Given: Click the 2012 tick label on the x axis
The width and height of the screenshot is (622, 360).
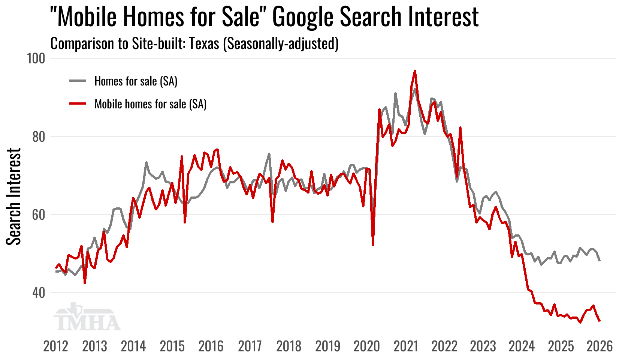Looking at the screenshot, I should (x=55, y=346).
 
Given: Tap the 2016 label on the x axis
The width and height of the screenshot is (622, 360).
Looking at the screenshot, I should (x=211, y=346).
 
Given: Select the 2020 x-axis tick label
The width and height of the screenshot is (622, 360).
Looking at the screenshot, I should (x=366, y=346).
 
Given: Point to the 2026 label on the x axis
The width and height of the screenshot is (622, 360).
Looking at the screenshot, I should (x=600, y=346).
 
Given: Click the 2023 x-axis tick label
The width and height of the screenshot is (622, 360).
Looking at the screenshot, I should (x=483, y=346).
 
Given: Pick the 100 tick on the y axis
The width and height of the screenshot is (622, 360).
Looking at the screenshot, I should (x=36, y=58).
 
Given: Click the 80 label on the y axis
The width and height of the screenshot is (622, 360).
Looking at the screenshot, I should (x=38, y=137).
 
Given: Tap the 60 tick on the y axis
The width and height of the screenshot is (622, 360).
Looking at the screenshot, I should (x=38, y=215).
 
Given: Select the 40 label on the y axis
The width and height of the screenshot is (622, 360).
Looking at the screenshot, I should (x=38, y=293).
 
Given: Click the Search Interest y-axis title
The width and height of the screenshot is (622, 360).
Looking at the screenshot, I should (x=14, y=196).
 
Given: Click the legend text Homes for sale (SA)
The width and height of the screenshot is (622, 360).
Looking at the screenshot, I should (x=136, y=81).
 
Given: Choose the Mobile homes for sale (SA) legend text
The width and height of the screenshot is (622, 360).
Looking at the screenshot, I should (x=150, y=104).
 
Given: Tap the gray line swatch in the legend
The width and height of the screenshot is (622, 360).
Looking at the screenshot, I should (x=78, y=81).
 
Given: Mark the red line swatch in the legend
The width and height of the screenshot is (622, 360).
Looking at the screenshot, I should (x=78, y=103).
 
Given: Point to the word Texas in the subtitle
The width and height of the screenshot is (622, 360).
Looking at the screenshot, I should (x=204, y=44).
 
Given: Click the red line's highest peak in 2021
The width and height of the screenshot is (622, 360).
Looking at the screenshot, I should (x=415, y=71).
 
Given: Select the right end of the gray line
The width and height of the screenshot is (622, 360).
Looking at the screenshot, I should (x=600, y=260).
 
